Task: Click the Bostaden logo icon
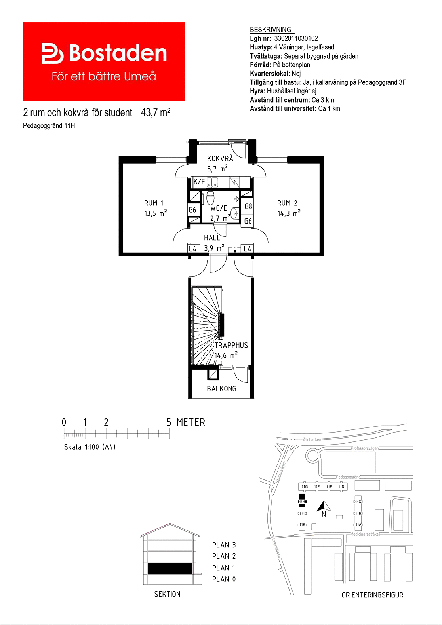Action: pyautogui.click(x=52, y=53)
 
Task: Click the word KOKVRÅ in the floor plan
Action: pyautogui.click(x=220, y=158)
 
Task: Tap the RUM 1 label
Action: pyautogui.click(x=154, y=203)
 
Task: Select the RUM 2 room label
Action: pyautogui.click(x=287, y=203)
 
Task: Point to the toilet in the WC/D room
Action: pyautogui.click(x=210, y=197)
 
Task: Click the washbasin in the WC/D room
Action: pyautogui.click(x=234, y=213)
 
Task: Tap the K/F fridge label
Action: pyautogui.click(x=199, y=182)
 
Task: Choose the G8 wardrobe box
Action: pyautogui.click(x=248, y=206)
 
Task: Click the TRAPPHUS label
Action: pyautogui.click(x=231, y=345)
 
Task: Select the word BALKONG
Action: pyautogui.click(x=221, y=389)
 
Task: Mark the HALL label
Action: pyautogui.click(x=212, y=238)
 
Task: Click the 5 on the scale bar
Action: pyautogui.click(x=169, y=422)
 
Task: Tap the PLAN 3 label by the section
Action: pyautogui.click(x=224, y=545)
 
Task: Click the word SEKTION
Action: pyautogui.click(x=167, y=594)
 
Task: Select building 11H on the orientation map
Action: pyautogui.click(x=302, y=502)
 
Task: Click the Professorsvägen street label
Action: pyautogui.click(x=365, y=448)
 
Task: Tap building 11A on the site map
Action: pyautogui.click(x=358, y=525)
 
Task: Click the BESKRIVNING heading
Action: pyautogui.click(x=271, y=30)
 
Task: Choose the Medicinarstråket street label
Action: pyautogui.click(x=365, y=534)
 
